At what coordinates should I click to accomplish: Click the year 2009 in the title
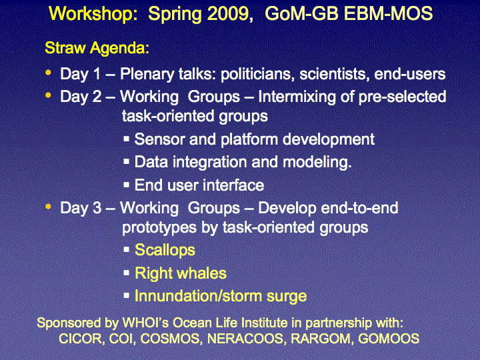[x=230, y=14]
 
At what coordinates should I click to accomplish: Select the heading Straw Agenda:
[x=97, y=48]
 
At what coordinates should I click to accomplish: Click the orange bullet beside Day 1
[x=48, y=73]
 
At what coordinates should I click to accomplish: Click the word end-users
[x=409, y=74]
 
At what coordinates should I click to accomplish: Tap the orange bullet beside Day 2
[x=48, y=95]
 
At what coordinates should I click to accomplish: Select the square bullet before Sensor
[x=127, y=139]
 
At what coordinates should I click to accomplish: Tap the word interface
[x=233, y=185]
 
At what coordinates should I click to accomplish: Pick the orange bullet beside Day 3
[x=48, y=207]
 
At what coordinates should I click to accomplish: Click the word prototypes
[x=159, y=228]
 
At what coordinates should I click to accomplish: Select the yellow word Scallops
[x=165, y=250]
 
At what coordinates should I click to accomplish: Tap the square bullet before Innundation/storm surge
[x=127, y=296]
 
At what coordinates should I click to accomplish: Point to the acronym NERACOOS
[x=245, y=339]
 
